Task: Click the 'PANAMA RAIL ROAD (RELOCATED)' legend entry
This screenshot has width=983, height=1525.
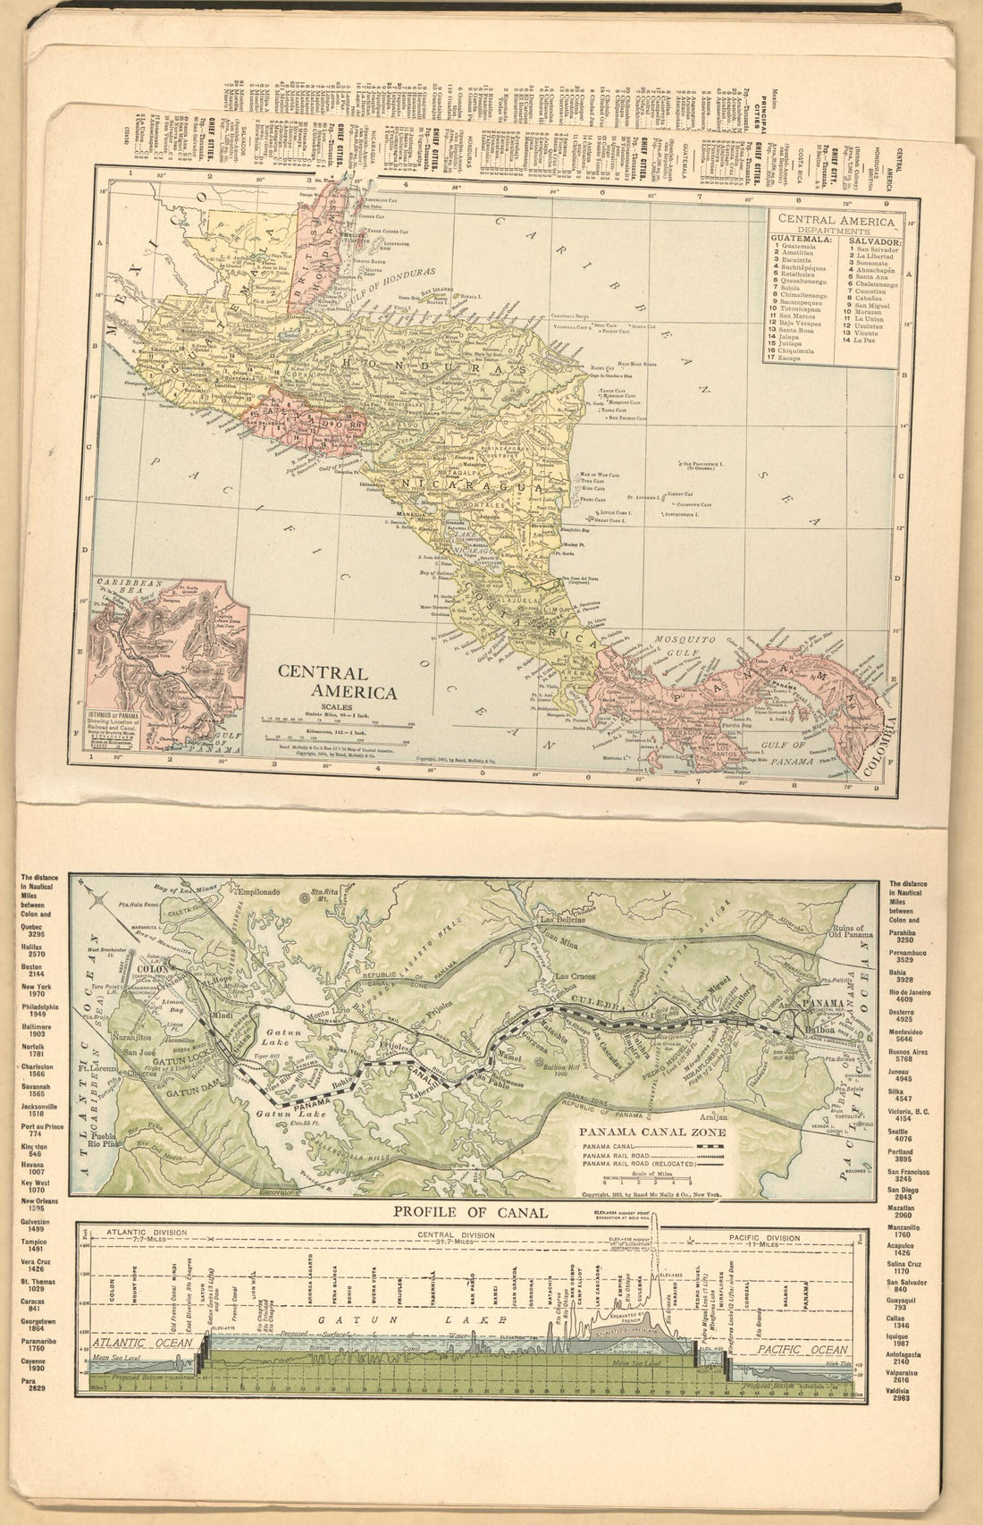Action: click(631, 1163)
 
